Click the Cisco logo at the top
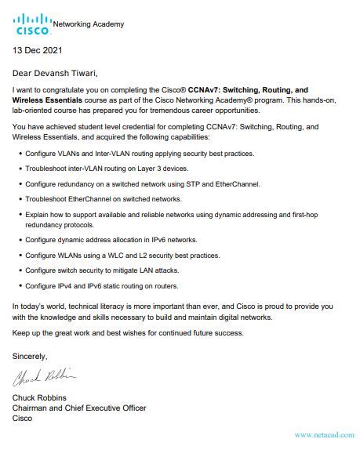click(x=32, y=24)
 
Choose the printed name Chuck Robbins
click(x=42, y=397)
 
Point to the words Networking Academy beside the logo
click(x=89, y=24)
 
